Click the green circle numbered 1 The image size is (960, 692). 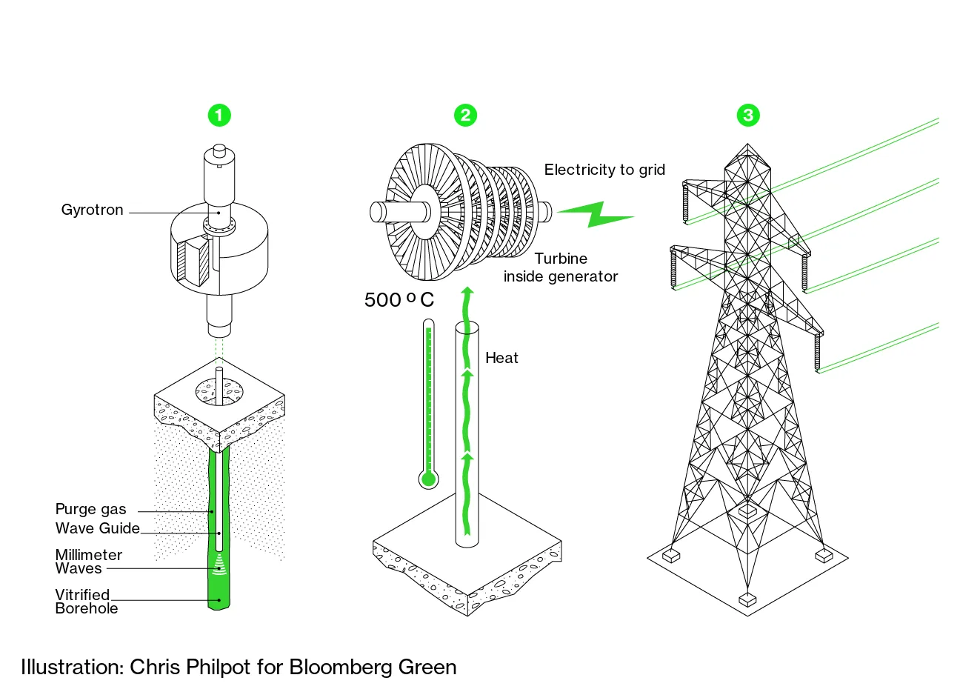[219, 115]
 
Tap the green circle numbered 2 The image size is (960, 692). [465, 115]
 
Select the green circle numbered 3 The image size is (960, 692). [748, 115]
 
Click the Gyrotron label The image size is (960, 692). [92, 210]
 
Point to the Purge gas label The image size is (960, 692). [90, 510]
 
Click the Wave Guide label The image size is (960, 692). [97, 528]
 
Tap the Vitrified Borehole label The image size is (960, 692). [86, 602]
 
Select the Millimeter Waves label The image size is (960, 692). [88, 562]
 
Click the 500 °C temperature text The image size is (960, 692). [399, 300]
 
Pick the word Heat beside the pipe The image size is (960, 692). [501, 359]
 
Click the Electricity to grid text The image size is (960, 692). [604, 170]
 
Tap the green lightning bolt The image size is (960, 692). [596, 213]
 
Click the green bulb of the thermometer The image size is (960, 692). [428, 479]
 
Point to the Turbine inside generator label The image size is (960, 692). [561, 267]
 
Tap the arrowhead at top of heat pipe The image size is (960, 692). [467, 291]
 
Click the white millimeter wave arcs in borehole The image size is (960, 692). [219, 568]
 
